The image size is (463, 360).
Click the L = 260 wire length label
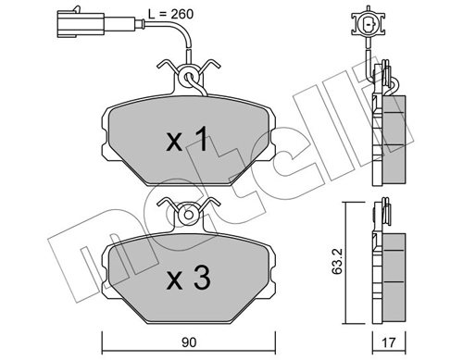tap(170, 14)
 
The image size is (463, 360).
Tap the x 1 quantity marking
tap(186, 140)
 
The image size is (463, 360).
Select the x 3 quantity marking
tap(188, 278)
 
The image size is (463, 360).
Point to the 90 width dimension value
tap(189, 342)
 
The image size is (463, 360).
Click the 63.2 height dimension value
tap(337, 262)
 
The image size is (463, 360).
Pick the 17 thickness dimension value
tap(388, 342)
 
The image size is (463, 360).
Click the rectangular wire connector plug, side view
tap(96, 23)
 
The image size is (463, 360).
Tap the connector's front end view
tap(369, 22)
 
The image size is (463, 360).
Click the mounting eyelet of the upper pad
tap(188, 77)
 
